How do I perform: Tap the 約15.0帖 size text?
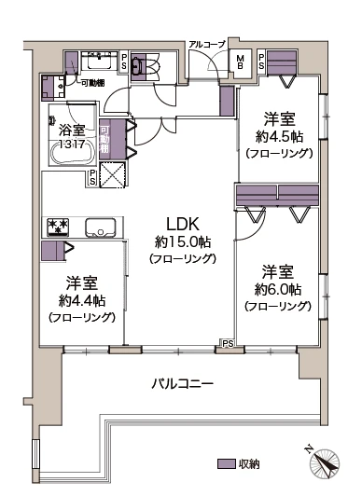[182, 241]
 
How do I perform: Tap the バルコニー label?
[183, 384]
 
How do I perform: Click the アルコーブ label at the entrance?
[205, 45]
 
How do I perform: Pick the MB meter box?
[240, 62]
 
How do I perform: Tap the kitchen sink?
[100, 227]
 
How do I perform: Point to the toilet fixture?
[137, 67]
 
